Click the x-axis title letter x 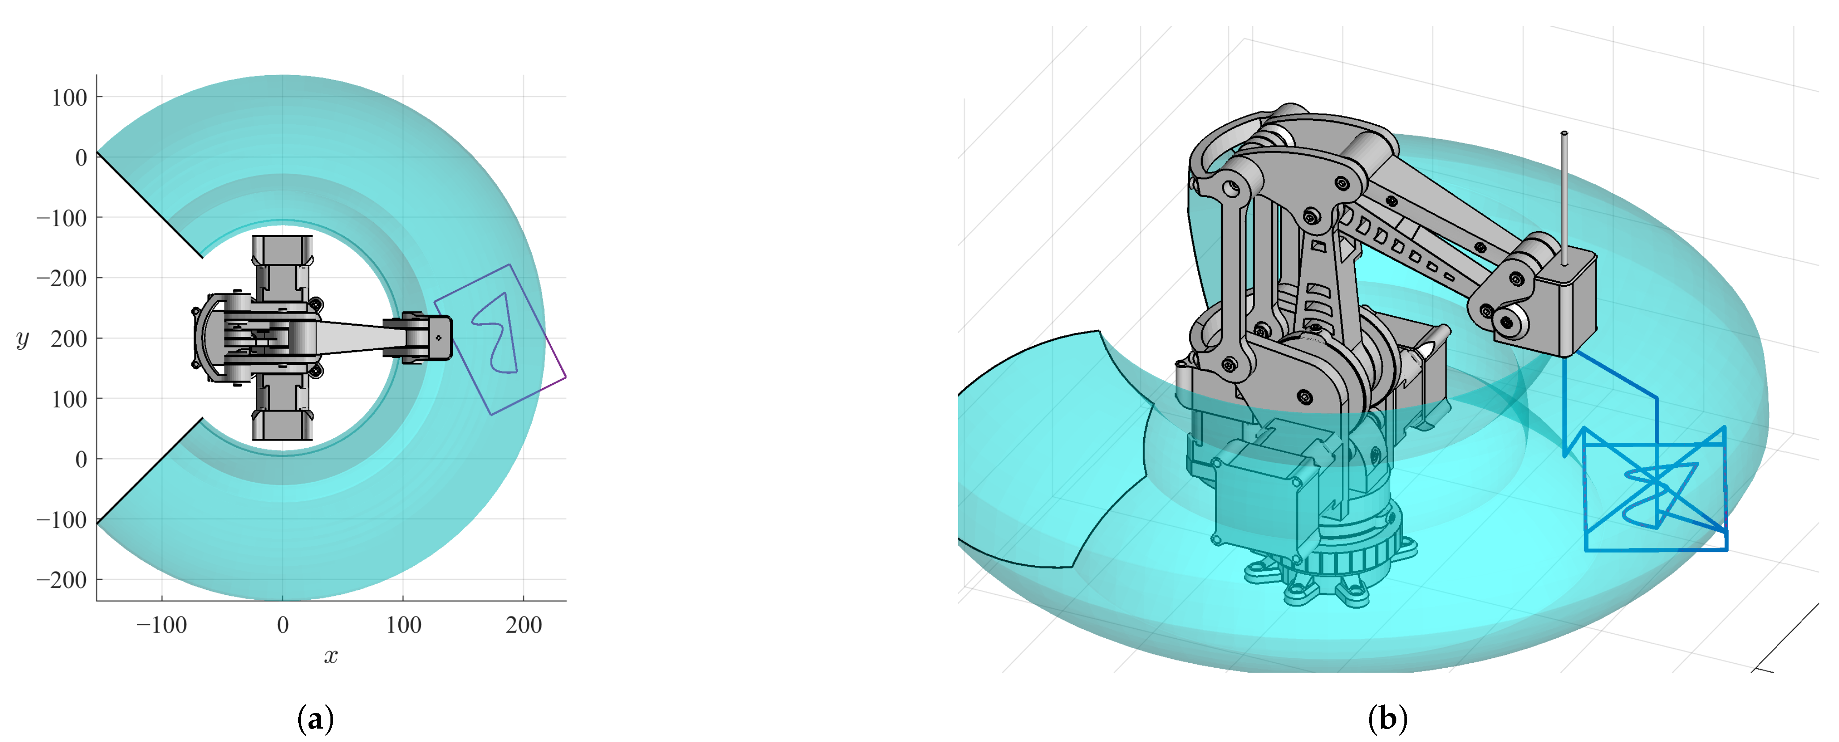[330, 656]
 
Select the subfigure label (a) [315, 718]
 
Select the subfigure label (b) [1387, 718]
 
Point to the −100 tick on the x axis [161, 625]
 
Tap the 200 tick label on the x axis [524, 625]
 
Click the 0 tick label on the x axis [283, 625]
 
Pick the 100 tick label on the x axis [403, 625]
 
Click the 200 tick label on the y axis [68, 339]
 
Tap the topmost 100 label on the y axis [68, 97]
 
